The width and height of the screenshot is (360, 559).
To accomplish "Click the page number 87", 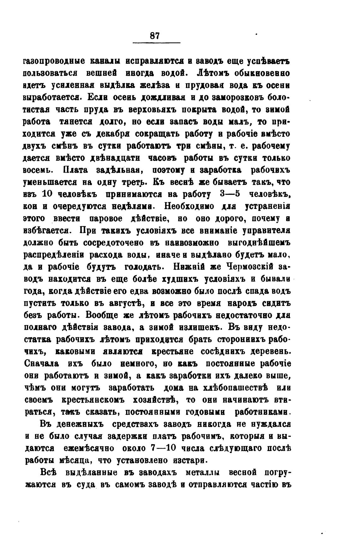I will [155, 36].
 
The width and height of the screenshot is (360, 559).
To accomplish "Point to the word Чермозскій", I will [248, 267].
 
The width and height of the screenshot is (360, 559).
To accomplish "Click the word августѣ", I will [125, 304].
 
